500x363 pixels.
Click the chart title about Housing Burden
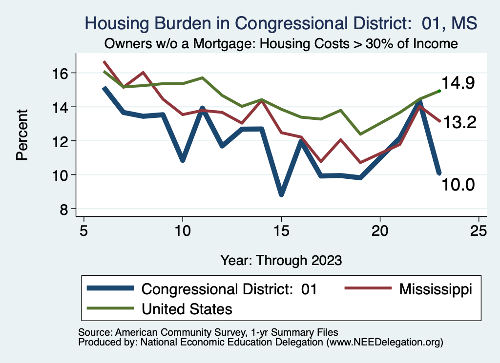pos(281,23)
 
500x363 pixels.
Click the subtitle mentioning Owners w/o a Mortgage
pos(281,44)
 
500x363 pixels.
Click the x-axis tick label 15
pos(281,230)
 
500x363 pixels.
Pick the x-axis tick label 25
pos(479,230)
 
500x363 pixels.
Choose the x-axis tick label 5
pos(84,230)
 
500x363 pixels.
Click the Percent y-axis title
pos(21,141)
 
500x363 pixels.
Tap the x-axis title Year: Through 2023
pos(281,260)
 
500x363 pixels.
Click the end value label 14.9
pos(458,83)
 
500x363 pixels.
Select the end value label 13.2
pos(458,123)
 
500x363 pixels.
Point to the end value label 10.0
pos(458,185)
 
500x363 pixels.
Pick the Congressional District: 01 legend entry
pos(229,289)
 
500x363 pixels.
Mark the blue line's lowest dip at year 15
pos(281,194)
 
